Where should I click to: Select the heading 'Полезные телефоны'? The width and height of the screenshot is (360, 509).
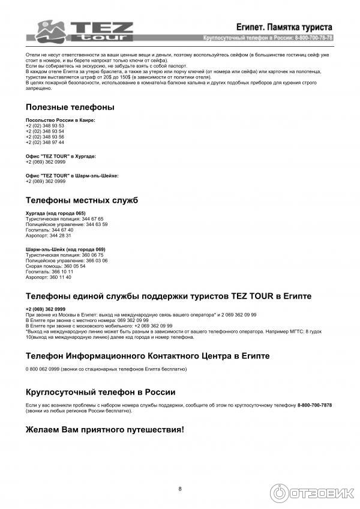coord(70,107)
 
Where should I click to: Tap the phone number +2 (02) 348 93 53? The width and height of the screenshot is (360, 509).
coord(45,126)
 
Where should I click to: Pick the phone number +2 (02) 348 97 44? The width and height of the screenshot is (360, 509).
coord(45,142)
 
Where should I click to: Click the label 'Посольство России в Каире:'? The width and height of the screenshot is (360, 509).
coord(61,120)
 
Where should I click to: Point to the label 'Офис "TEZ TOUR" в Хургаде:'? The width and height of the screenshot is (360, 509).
coord(61,156)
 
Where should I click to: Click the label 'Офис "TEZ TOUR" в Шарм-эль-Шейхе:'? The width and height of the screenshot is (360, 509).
coord(72,175)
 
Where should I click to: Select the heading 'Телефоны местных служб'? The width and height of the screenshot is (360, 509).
coord(82,200)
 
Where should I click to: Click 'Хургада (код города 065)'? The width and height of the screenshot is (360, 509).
coord(56,213)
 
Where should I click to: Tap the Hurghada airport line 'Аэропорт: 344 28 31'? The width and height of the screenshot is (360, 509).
coord(49,235)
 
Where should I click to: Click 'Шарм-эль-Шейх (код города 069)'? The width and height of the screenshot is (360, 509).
coord(65,249)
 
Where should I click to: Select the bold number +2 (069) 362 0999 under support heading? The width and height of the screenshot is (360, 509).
coord(46,309)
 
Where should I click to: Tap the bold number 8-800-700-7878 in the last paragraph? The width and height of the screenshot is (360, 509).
coord(314,405)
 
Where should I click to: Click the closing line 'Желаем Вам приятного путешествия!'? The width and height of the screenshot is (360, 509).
coord(105,430)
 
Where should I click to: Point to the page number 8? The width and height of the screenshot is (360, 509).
coord(180,489)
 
